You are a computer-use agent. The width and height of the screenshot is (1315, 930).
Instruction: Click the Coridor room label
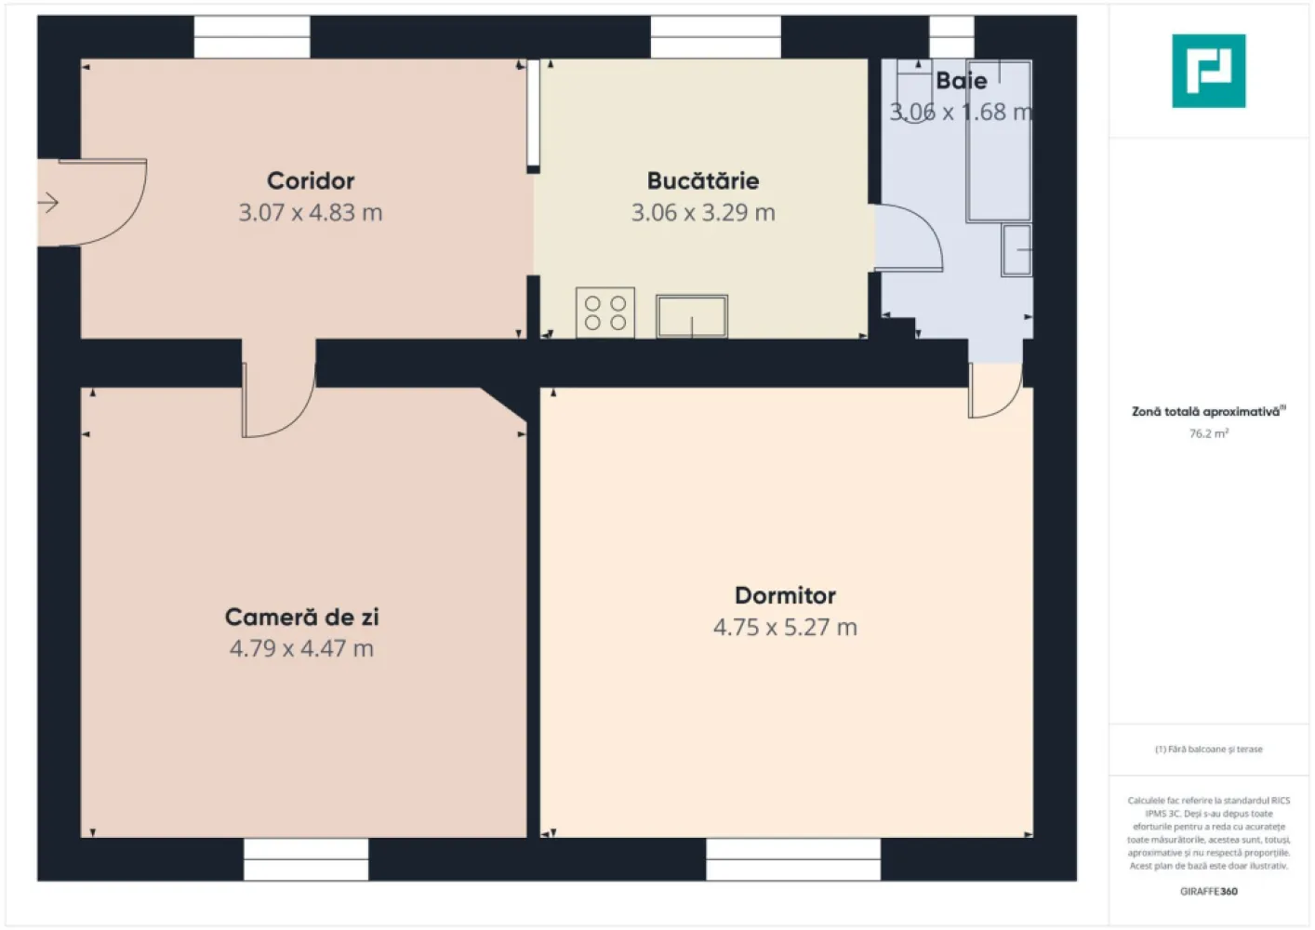tap(311, 180)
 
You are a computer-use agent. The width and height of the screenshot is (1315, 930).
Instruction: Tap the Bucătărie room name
tap(703, 180)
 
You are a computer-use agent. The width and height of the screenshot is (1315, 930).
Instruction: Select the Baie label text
tap(962, 81)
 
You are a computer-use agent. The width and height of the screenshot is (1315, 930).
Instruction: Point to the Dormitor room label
tap(785, 595)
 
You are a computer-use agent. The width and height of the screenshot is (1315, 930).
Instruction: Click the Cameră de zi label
tap(301, 617)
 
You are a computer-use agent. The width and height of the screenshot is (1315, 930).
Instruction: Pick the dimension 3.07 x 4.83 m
tap(311, 213)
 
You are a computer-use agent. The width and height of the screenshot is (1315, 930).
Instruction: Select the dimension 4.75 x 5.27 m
tap(785, 628)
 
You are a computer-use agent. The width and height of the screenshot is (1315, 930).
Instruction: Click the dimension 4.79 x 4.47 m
tap(301, 648)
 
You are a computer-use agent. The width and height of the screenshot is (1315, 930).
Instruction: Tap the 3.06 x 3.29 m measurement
tap(703, 213)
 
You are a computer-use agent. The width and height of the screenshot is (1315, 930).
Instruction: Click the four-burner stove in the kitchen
tap(605, 312)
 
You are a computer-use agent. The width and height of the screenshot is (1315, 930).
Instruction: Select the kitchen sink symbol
tap(692, 316)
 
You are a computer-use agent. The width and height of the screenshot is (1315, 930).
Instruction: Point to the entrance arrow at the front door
tap(48, 202)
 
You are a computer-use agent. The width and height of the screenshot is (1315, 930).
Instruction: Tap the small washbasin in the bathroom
tap(1017, 250)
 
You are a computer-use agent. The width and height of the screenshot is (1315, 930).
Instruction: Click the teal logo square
tap(1208, 71)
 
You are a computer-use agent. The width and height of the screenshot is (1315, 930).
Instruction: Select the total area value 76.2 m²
tap(1208, 433)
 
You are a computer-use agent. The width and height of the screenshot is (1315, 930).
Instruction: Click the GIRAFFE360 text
tap(1208, 891)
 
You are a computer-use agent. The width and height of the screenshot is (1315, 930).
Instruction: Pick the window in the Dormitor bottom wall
tap(793, 859)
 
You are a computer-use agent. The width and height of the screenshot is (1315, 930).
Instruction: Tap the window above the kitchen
tap(715, 37)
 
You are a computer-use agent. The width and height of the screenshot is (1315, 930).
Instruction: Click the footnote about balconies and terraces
tap(1208, 749)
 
